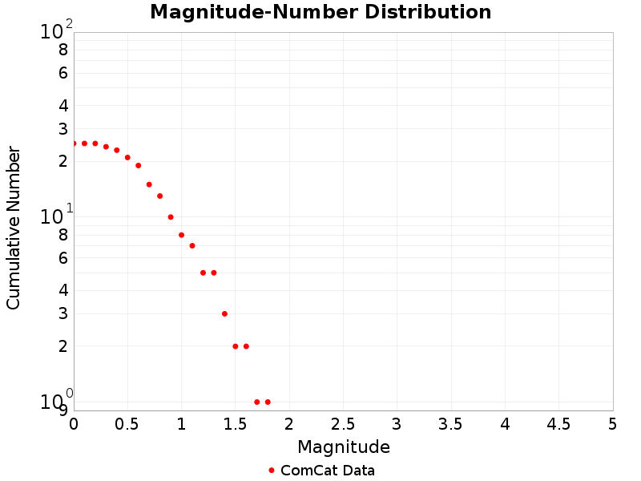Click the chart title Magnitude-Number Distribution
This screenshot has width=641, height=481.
[320, 12]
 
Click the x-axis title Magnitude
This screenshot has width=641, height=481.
[343, 447]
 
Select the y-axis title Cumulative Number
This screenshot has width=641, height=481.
[14, 228]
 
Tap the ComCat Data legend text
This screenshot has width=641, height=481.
[327, 471]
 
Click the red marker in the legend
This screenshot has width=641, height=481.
[272, 471]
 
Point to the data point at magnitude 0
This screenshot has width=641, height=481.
[74, 143]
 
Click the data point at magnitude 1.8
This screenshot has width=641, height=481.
[268, 402]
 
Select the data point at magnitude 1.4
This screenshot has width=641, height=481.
[224, 313]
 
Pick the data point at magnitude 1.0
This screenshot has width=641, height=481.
[181, 235]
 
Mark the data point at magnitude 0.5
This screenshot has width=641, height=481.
[127, 158]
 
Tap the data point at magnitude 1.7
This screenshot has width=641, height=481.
[256, 402]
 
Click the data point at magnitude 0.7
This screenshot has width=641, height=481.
[149, 184]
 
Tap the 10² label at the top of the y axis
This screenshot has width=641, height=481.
[55, 31]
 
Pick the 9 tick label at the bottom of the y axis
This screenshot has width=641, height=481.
[62, 410]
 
